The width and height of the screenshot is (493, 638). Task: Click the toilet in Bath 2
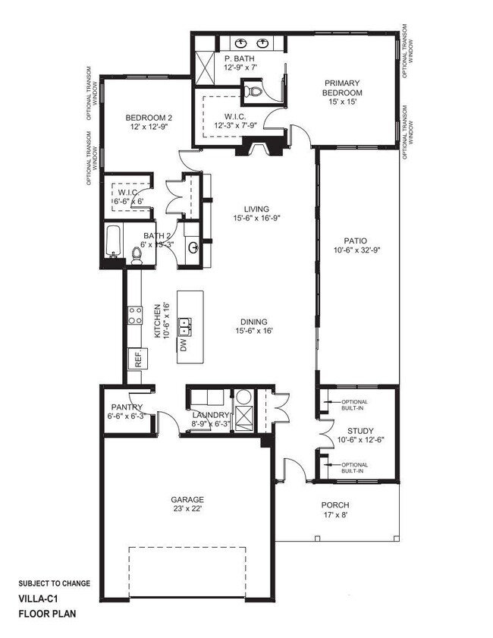(137, 256)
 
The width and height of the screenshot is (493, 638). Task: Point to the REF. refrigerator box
(139, 359)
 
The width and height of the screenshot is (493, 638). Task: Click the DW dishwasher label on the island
(184, 346)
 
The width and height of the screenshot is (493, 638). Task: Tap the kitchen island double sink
(185, 327)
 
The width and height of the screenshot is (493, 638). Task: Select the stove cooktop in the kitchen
(135, 315)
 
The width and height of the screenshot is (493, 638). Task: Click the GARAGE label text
(187, 499)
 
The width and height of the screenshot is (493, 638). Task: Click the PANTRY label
(126, 407)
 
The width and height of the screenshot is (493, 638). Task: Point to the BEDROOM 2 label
(149, 118)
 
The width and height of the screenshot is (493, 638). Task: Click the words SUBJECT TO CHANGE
(54, 583)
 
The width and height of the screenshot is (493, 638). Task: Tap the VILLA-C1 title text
(39, 599)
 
